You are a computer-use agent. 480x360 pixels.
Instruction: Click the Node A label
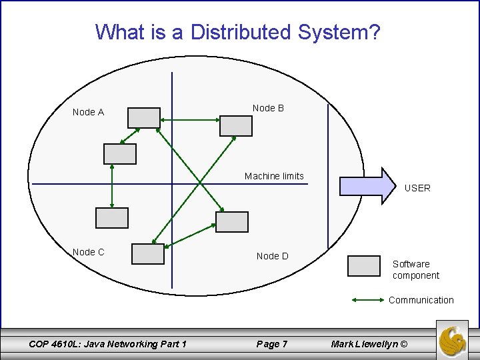pyautogui.click(x=88, y=112)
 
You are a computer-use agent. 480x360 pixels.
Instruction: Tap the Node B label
pyautogui.click(x=268, y=108)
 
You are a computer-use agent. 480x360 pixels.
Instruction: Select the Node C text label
pyautogui.click(x=88, y=252)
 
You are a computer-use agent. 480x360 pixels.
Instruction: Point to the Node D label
pyautogui.click(x=272, y=256)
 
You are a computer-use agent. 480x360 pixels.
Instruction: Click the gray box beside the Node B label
pyautogui.click(x=236, y=125)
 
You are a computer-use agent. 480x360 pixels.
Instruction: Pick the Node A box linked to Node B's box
pyautogui.click(x=144, y=118)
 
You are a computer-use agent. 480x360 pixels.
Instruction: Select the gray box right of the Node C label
pyautogui.click(x=147, y=254)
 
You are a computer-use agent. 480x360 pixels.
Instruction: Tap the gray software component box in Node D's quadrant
pyautogui.click(x=232, y=222)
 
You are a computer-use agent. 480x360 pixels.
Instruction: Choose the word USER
pyautogui.click(x=417, y=188)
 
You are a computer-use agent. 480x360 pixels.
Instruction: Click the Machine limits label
pyautogui.click(x=274, y=176)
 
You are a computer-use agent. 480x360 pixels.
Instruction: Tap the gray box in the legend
pyautogui.click(x=364, y=266)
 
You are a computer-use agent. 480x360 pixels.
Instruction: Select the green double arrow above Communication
pyautogui.click(x=367, y=300)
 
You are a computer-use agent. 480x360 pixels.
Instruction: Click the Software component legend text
pyautogui.click(x=415, y=269)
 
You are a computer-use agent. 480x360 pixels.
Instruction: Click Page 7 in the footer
pyautogui.click(x=272, y=344)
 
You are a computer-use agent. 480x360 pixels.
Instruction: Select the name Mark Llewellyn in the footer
pyautogui.click(x=367, y=344)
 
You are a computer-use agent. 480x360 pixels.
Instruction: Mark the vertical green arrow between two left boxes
pyautogui.click(x=111, y=186)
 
